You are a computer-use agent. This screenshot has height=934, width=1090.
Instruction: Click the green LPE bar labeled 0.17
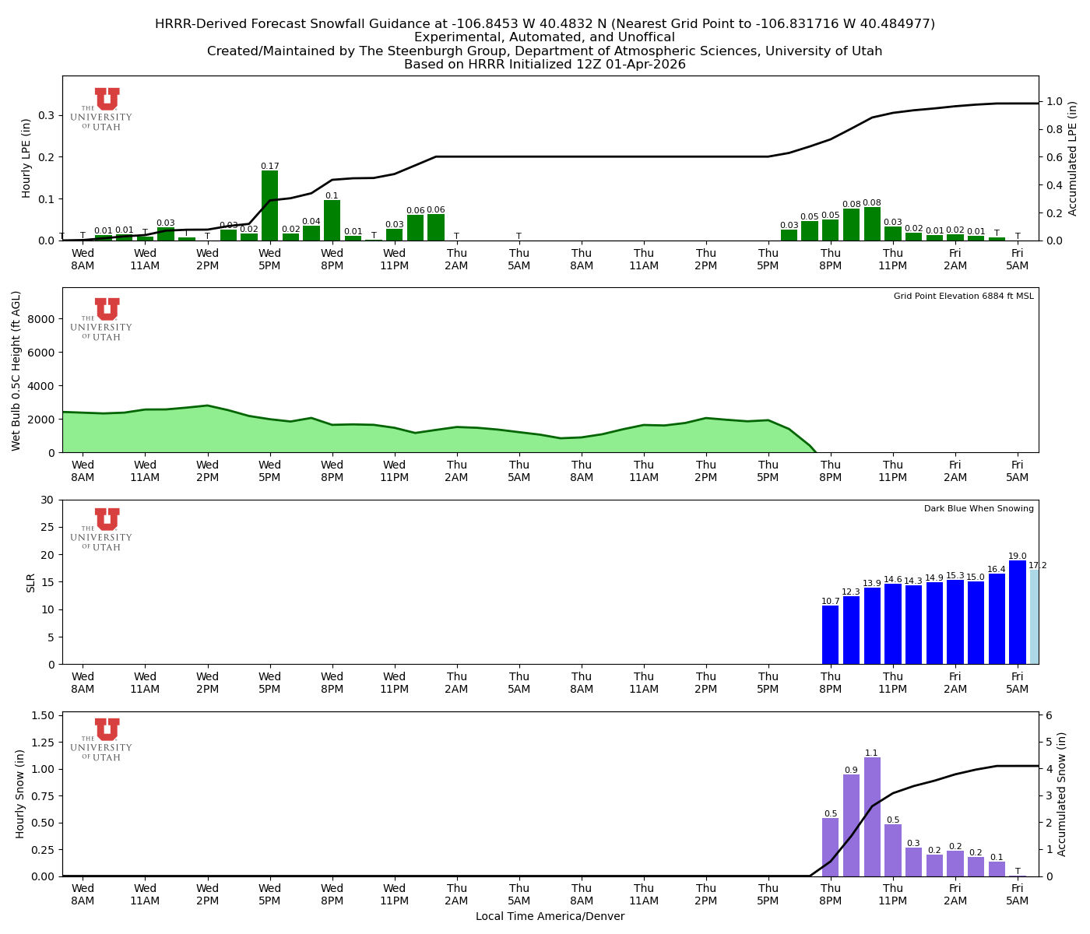coord(269,205)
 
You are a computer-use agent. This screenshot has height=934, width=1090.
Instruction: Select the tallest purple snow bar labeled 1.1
coord(872,816)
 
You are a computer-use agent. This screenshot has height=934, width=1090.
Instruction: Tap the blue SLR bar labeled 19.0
coord(1017,613)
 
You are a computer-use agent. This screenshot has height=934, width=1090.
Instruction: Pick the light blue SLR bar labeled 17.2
coord(1034,617)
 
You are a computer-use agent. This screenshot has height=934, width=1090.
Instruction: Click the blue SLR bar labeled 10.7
coord(831,635)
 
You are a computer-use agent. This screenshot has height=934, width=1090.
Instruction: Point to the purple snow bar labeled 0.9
coord(851,825)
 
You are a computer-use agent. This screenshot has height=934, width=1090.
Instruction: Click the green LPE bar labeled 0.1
coord(332,220)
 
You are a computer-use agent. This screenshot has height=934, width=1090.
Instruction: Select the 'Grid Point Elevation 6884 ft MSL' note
coord(963,297)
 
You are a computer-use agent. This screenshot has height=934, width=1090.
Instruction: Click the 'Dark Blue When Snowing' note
coord(979,509)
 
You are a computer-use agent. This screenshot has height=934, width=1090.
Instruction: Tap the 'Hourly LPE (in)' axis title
coord(26,158)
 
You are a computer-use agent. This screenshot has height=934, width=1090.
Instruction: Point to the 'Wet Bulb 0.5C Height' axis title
coord(16,370)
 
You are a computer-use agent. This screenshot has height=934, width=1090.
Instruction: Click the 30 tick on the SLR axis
coord(49,500)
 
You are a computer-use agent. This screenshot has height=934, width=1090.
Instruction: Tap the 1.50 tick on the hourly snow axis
coord(44,715)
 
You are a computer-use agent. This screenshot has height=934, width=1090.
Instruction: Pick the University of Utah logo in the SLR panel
coord(102,529)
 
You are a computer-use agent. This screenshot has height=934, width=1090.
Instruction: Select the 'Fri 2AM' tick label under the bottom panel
coord(955,894)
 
